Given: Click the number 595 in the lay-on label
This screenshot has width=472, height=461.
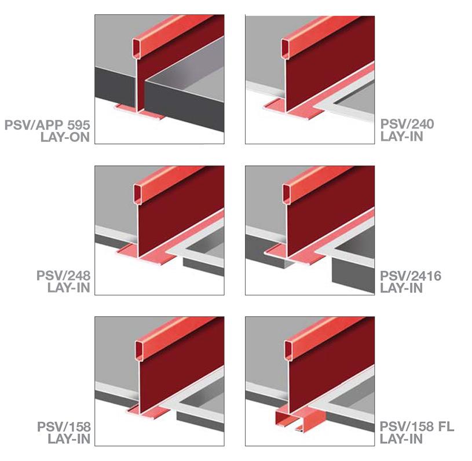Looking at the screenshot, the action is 79,125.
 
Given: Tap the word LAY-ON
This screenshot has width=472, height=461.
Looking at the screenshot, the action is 65,137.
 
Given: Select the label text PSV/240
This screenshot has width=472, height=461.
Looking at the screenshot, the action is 407,124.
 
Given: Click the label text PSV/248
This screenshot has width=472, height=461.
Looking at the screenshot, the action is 63,276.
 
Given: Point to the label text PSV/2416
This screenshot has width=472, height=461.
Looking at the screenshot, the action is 411,276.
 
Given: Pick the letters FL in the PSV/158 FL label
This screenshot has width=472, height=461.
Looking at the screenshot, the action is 446,426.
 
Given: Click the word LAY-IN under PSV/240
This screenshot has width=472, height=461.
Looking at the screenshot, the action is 401,137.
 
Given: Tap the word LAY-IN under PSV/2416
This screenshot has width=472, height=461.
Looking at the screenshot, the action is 401,288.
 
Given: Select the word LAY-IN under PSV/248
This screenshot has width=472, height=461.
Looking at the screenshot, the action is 69,288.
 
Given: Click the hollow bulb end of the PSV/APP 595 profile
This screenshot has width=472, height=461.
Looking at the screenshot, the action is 136,48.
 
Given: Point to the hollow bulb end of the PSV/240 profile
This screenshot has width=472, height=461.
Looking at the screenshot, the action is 286,48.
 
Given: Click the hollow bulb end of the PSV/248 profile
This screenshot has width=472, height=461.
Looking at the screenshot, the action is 137,194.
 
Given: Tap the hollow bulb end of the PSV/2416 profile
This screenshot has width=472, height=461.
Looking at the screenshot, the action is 286,194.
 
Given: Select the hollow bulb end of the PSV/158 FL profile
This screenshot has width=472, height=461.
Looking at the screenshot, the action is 288,350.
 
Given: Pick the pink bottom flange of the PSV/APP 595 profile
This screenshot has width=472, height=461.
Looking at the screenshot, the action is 140,111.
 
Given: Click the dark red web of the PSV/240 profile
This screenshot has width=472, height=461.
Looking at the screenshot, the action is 328,69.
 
